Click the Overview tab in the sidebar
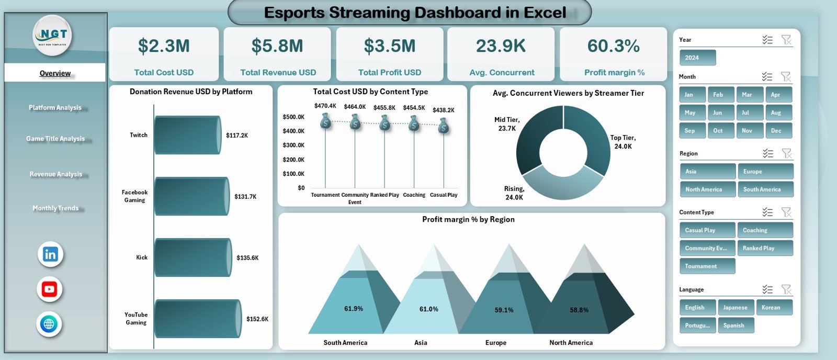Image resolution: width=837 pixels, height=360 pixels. click(x=55, y=73)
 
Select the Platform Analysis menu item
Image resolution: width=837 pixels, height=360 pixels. click(x=55, y=107)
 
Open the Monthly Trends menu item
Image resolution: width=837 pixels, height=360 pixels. click(x=55, y=208)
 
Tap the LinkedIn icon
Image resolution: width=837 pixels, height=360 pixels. click(x=50, y=255)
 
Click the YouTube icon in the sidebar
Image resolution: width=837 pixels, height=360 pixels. click(x=50, y=289)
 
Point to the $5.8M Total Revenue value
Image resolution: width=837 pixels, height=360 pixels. click(x=277, y=46)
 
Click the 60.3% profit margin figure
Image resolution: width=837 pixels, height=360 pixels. click(x=613, y=46)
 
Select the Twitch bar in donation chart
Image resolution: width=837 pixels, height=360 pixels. click(x=187, y=135)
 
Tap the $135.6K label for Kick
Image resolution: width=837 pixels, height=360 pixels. click(x=247, y=258)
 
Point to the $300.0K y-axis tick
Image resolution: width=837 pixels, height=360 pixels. click(x=293, y=145)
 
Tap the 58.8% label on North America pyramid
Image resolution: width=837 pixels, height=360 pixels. click(x=579, y=310)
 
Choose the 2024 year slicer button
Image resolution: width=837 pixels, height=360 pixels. click(x=697, y=58)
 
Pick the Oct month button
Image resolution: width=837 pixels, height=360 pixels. click(x=718, y=131)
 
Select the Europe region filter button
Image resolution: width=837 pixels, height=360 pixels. click(x=765, y=172)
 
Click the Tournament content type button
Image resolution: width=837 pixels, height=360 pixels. click(x=707, y=266)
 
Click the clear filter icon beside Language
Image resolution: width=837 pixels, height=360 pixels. click(x=786, y=289)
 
